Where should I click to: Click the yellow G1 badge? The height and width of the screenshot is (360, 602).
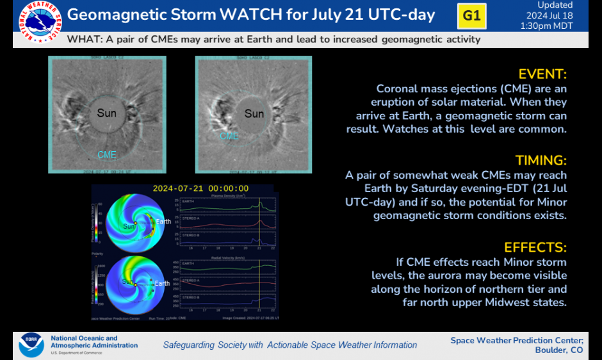471,16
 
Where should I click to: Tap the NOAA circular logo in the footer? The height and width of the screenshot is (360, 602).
31,345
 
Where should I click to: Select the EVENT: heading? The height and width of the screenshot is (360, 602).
542,74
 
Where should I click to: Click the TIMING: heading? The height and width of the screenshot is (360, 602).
541,160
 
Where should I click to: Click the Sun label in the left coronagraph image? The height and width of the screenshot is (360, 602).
107,113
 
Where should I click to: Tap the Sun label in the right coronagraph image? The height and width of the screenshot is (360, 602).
254,114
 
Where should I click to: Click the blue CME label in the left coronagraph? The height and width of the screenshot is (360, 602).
107,155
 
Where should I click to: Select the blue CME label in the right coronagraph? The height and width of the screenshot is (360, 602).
229,136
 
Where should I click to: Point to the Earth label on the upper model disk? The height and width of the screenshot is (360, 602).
165,221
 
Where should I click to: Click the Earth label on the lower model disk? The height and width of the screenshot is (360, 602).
163,283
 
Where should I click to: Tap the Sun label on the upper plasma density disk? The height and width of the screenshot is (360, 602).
129,226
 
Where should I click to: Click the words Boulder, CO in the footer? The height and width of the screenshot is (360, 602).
558,350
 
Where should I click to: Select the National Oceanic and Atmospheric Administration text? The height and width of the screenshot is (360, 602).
94,342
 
